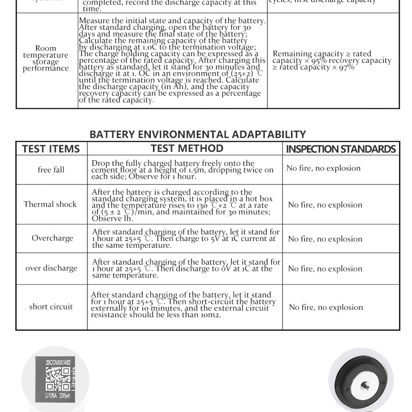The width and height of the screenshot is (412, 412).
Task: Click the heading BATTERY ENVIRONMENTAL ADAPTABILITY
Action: [x=197, y=134]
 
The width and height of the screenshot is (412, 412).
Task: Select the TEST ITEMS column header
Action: [x=51, y=149]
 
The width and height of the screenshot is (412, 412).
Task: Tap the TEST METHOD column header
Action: [x=187, y=148]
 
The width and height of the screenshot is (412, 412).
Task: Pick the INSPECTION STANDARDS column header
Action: [x=341, y=149]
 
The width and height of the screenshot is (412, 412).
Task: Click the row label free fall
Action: [x=51, y=169]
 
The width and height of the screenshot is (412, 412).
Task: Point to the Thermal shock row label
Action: [x=50, y=204]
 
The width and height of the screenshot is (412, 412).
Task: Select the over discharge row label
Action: [x=51, y=268]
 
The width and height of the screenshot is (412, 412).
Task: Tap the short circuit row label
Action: [x=51, y=306]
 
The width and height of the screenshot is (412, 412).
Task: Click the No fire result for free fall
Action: [x=323, y=168]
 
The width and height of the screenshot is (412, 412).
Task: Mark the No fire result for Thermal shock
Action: [x=325, y=205]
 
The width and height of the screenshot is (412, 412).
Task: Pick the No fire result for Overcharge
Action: [x=325, y=239]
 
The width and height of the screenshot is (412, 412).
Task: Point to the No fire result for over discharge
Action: [x=325, y=269]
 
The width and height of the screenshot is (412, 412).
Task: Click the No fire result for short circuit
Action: [x=326, y=307]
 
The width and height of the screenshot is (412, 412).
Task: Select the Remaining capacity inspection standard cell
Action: [x=332, y=60]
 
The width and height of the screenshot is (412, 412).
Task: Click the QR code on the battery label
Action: [x=58, y=379]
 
